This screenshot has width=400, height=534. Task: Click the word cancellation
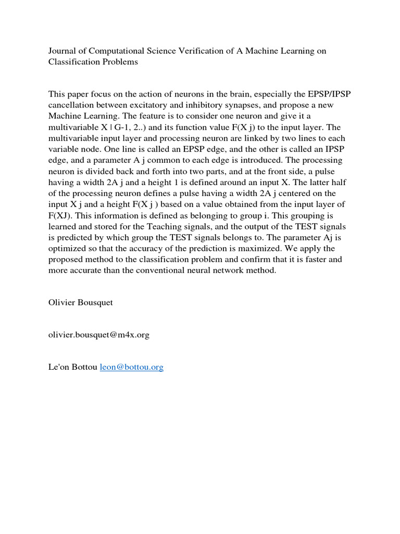coord(73,105)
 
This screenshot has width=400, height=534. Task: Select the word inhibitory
coord(207,105)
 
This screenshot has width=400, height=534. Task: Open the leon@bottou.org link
coord(131,367)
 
